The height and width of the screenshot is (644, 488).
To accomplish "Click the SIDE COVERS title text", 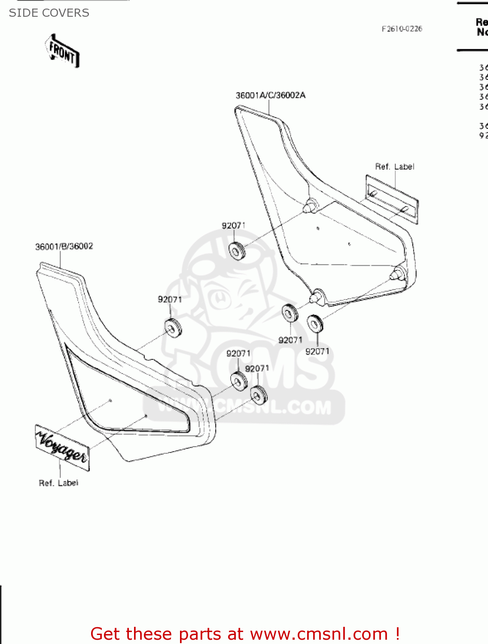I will coord(49,13).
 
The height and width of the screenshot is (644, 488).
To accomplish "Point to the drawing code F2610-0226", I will coord(402,29).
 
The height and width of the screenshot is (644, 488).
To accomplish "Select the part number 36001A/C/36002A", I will coord(270,95).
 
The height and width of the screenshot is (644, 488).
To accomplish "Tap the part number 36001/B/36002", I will coord(64,246).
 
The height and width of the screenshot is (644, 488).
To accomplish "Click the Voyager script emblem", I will coord(62,447).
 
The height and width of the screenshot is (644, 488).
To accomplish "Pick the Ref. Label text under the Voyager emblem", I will coord(58,483).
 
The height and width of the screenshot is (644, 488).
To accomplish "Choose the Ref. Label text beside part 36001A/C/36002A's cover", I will coord(394,167).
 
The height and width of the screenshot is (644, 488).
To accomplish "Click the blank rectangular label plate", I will coord(391,199).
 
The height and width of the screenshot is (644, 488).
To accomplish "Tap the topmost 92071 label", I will coord(234,226).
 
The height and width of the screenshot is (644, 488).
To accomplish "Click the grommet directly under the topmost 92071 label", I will coord(236,251).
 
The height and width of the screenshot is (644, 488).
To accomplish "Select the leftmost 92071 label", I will coord(170,300).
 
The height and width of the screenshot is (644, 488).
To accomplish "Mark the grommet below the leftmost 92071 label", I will coord(174,328).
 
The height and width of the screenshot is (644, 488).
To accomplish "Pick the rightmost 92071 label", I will coord(317,352).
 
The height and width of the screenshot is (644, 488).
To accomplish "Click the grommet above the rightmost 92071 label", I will coord(315,323).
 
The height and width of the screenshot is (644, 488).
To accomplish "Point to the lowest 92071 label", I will coord(257,369).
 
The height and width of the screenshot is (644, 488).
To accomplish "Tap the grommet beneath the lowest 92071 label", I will coord(259,395).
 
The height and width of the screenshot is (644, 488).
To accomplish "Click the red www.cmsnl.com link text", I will coord(319,634).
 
